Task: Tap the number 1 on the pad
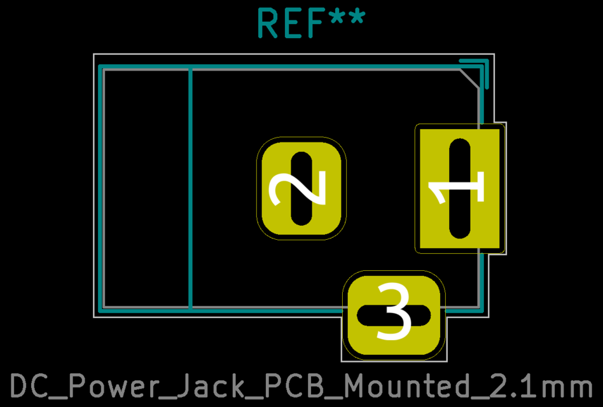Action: coord(457,189)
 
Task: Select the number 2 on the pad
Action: coord(298,188)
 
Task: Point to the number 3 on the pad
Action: coord(394,313)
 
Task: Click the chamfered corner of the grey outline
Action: coord(470,79)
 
